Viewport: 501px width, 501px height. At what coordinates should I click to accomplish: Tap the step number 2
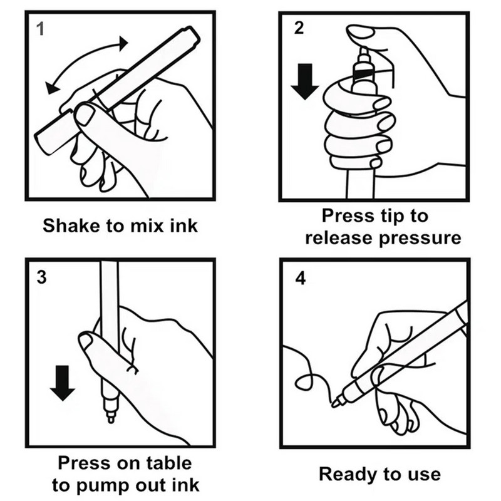click(299, 29)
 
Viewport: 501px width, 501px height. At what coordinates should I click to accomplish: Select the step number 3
click(41, 278)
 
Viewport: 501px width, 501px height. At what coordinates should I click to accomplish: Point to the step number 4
click(300, 279)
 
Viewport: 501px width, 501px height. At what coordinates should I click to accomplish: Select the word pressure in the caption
click(423, 239)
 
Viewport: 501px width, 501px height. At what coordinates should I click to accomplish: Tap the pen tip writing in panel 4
click(336, 403)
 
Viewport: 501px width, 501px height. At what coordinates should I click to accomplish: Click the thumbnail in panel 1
click(84, 115)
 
